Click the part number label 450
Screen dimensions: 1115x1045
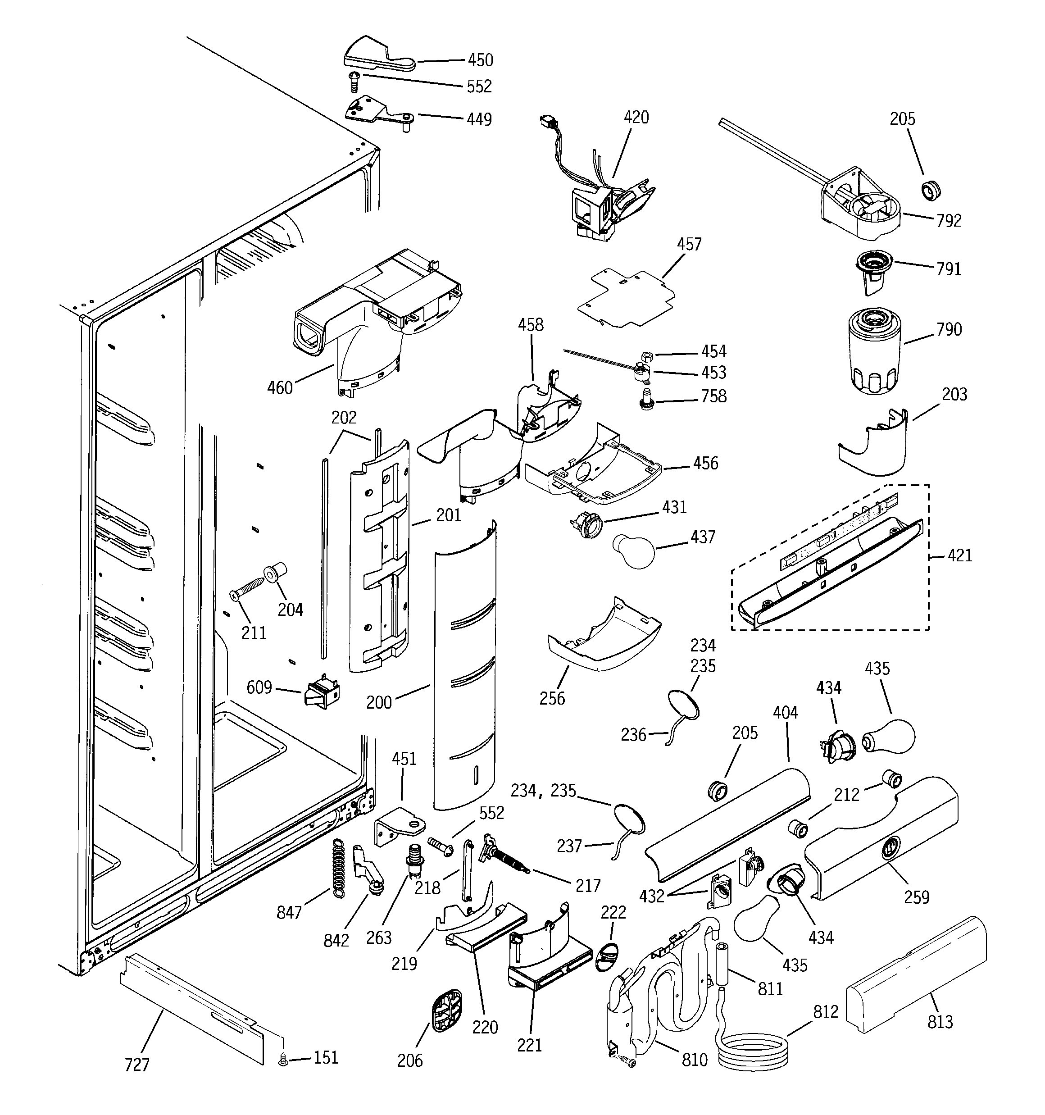tap(480, 60)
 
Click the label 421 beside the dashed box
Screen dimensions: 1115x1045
tap(960, 556)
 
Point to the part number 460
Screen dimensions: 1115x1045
tap(280, 387)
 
